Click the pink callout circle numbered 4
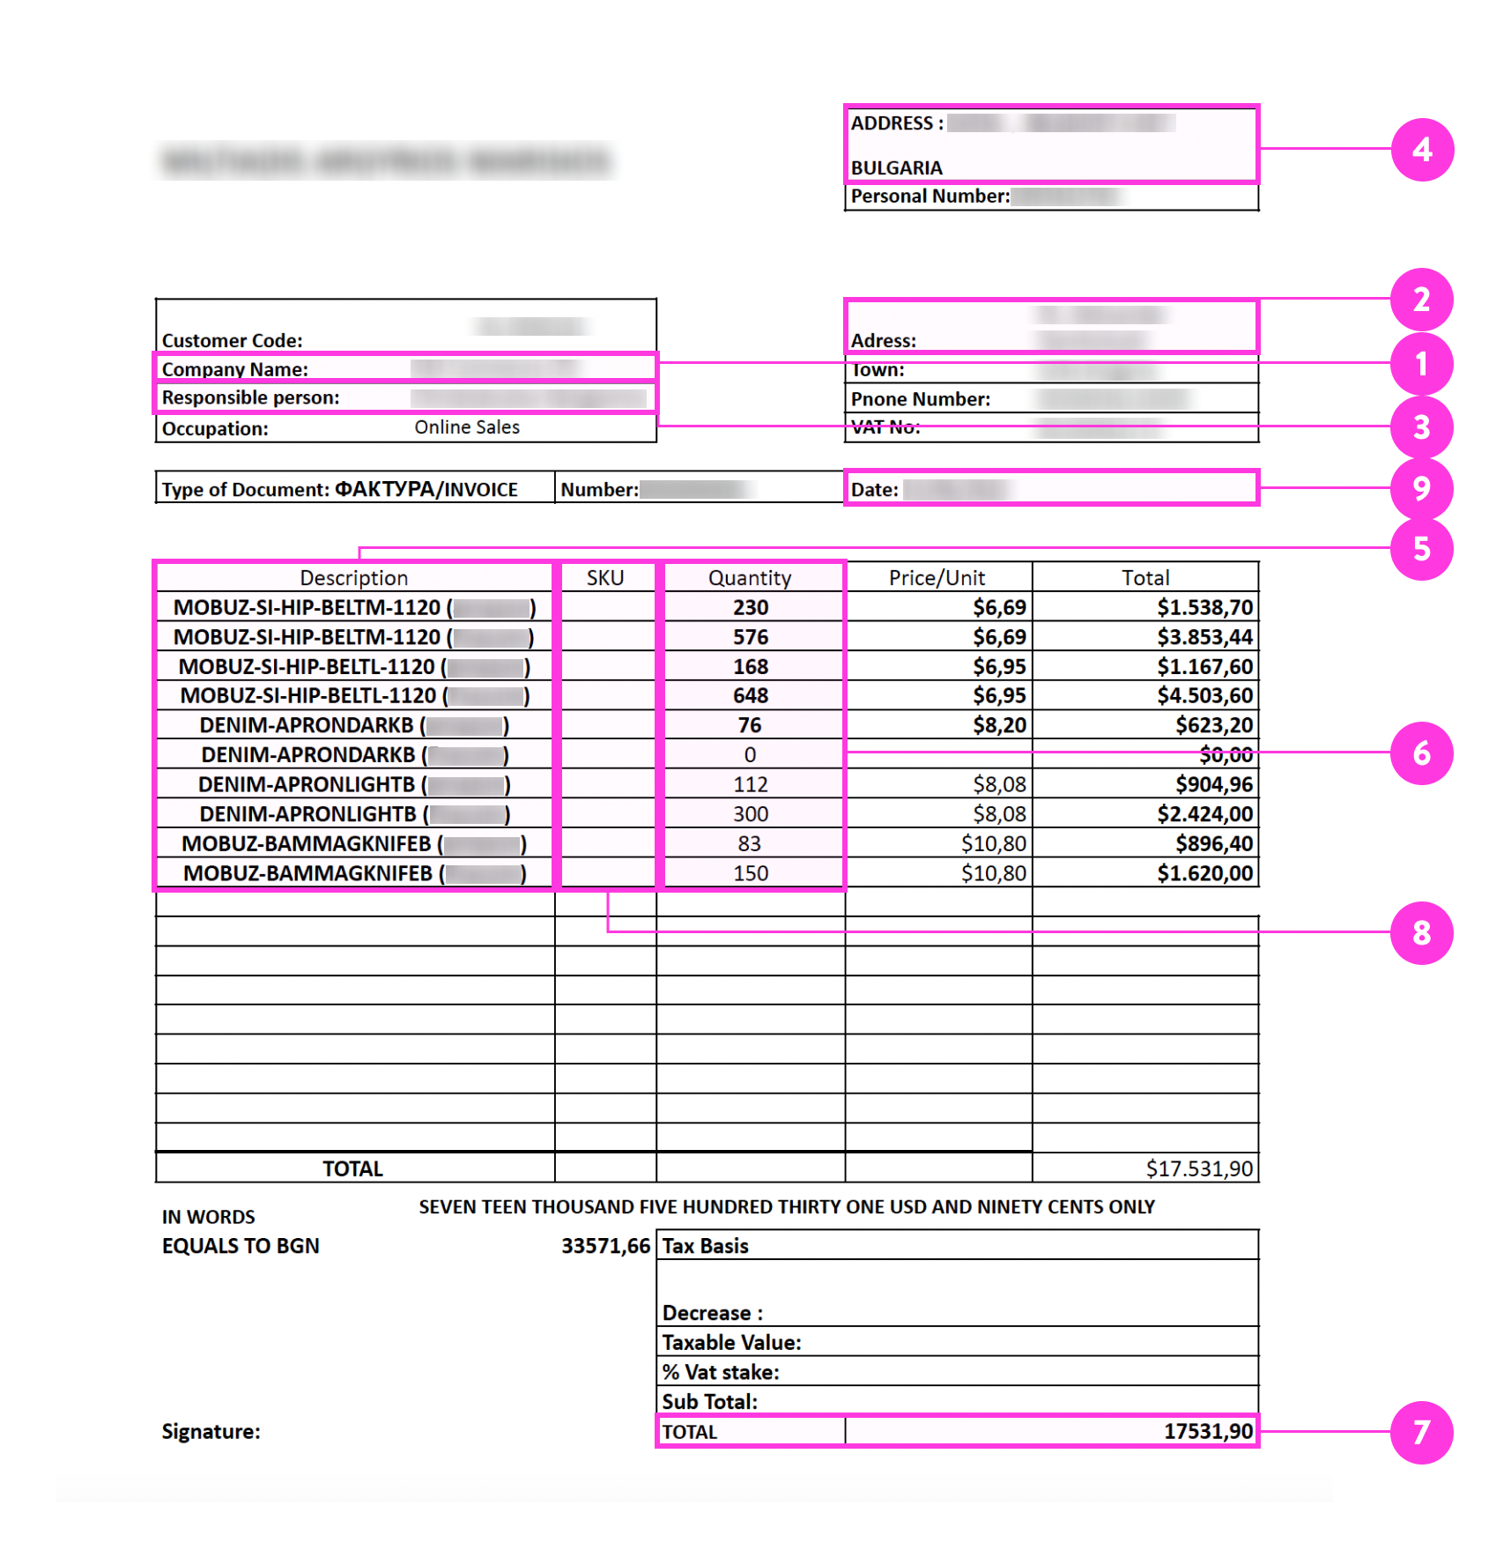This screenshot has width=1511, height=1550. [x=1421, y=150]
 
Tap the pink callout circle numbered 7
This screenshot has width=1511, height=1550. [x=1421, y=1432]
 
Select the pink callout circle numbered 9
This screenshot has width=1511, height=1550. [x=1421, y=488]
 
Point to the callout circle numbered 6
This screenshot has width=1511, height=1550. [x=1421, y=753]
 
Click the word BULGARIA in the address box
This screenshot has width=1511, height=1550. [x=896, y=167]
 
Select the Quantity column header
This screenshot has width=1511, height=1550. [x=750, y=578]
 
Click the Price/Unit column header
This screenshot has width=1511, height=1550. [x=937, y=578]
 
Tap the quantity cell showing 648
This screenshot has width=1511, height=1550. [x=751, y=696]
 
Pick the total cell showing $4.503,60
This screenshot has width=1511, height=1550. [x=1204, y=696]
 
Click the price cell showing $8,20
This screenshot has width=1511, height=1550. [x=999, y=725]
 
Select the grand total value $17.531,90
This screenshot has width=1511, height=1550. [x=1199, y=1168]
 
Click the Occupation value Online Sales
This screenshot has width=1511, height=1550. [x=467, y=427]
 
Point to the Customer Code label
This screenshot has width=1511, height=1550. [x=232, y=341]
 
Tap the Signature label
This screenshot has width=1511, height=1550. [x=211, y=1432]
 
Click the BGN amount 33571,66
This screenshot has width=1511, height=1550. [x=605, y=1246]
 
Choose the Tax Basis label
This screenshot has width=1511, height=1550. [x=705, y=1246]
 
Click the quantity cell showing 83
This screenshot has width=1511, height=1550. [x=750, y=844]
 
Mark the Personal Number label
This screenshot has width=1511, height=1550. [x=930, y=197]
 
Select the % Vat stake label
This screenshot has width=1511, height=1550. [x=720, y=1372]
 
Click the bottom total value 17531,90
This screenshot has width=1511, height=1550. [x=1208, y=1432]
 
